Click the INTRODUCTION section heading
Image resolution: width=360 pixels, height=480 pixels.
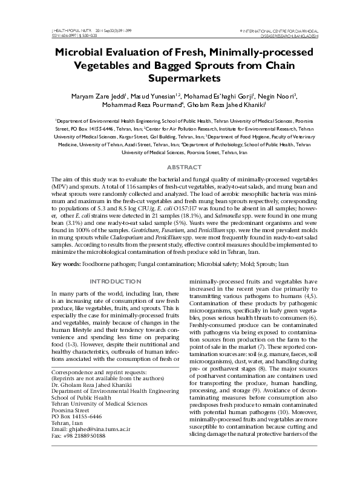(116, 282)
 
